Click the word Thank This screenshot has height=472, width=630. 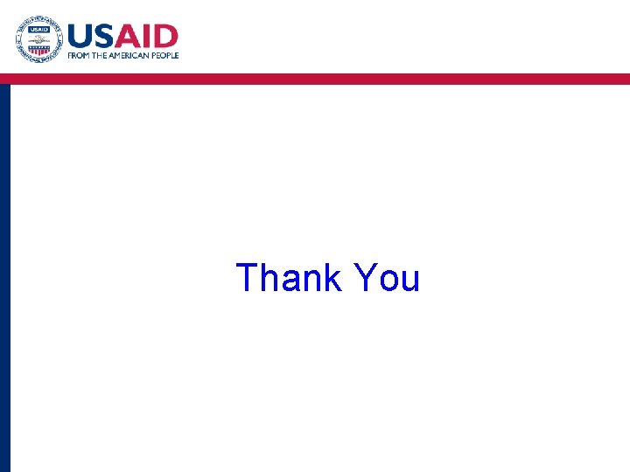click(x=290, y=278)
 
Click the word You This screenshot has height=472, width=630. click(x=387, y=278)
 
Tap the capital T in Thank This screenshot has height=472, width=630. click(x=247, y=278)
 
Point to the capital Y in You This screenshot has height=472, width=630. click(x=365, y=278)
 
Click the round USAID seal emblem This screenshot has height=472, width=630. click(x=38, y=39)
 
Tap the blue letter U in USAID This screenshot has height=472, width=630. click(x=81, y=37)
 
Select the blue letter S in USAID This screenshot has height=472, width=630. click(x=107, y=37)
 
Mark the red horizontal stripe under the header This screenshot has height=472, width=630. click(x=315, y=79)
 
